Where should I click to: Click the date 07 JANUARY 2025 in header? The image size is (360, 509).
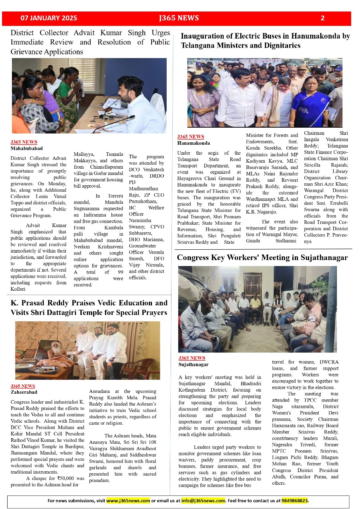[x=49, y=18]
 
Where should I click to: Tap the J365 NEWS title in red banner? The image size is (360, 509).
[x=179, y=18]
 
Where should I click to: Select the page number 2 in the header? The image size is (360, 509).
[x=323, y=18]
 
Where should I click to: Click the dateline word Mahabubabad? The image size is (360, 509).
[x=26, y=148]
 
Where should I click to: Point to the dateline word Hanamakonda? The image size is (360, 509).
[x=193, y=143]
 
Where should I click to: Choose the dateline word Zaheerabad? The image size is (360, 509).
[x=23, y=392]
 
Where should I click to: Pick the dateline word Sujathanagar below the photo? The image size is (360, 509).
[x=193, y=364]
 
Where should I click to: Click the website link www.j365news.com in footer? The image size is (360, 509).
[x=128, y=501]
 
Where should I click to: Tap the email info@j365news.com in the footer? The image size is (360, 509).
[x=203, y=501]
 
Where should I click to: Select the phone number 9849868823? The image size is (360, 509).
[x=294, y=501]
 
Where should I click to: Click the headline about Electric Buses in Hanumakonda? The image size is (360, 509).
[x=265, y=41]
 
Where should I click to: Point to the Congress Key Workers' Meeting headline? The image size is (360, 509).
[x=262, y=258]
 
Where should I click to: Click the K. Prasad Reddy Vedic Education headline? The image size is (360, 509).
[x=89, y=308]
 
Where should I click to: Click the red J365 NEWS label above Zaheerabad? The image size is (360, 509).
[x=23, y=386]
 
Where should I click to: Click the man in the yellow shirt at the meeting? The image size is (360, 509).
[x=255, y=307]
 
